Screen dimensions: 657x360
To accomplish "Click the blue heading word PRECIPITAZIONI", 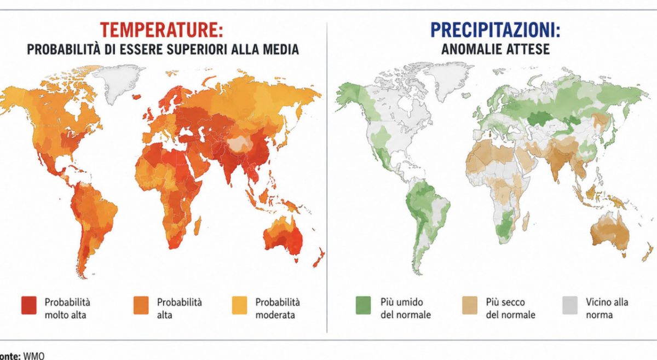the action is pos(493,30).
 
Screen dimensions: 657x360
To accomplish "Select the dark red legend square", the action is pos(29,305).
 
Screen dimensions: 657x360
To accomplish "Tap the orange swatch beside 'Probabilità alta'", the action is pos(141,305).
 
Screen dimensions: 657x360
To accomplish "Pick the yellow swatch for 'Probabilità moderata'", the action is pos(239,305).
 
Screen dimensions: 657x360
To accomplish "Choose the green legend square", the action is pos(363,305).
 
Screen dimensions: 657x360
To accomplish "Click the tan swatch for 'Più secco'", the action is pos(470,305).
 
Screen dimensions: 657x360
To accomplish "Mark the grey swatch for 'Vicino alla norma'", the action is pos(570,305).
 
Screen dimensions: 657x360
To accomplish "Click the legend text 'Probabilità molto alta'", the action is pos(67,309).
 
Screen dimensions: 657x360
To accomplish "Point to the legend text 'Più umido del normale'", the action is pos(406,309).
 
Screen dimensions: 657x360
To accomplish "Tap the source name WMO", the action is pos(34,356).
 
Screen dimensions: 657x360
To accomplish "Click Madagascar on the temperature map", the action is pos(198,225).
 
